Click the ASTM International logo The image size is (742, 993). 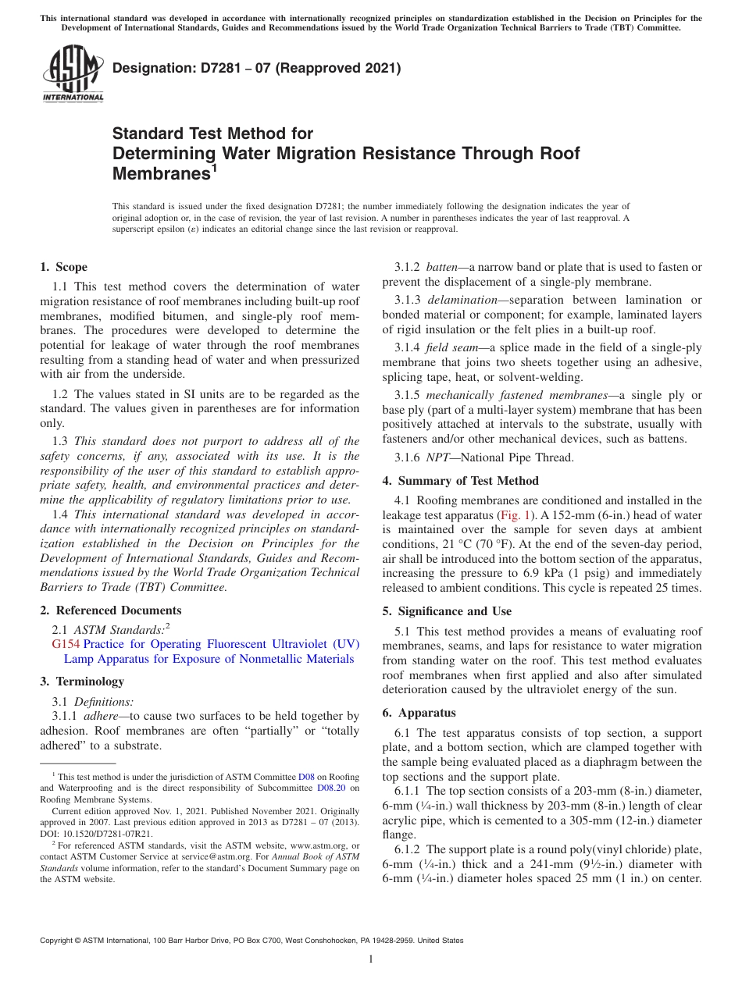pyautogui.click(x=73, y=76)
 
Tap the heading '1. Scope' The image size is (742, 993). pyautogui.click(x=64, y=267)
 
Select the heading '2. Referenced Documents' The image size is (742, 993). pyautogui.click(x=111, y=610)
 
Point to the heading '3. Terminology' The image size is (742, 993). pyautogui.click(x=82, y=682)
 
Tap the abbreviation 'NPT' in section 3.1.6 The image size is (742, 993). pyautogui.click(x=437, y=458)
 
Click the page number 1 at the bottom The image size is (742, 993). pyautogui.click(x=371, y=959)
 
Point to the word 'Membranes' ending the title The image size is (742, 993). pyautogui.click(x=161, y=173)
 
